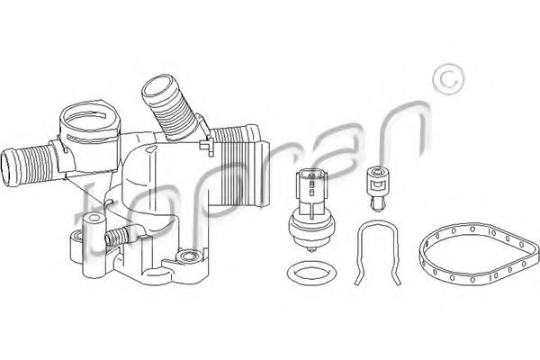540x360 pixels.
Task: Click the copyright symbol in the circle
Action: [448, 79]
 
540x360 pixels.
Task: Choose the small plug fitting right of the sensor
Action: [377, 187]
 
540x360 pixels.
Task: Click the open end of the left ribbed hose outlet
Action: [8, 167]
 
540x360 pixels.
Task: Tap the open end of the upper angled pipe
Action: [157, 84]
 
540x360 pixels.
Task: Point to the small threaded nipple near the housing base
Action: [116, 237]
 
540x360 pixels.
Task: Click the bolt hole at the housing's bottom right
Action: [187, 256]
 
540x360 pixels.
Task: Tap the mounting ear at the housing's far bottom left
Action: [76, 245]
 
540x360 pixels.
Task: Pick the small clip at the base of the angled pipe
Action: [207, 144]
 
